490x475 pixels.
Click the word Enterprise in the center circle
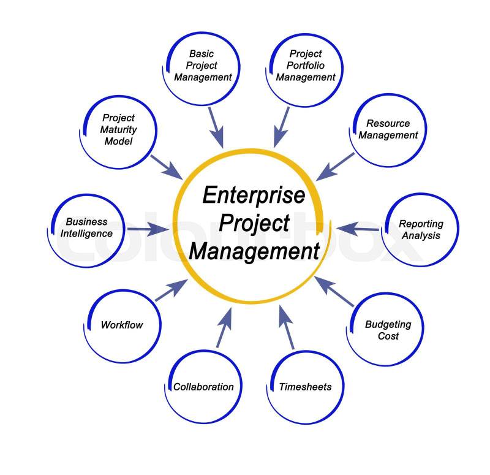[x=253, y=196]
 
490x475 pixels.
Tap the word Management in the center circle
[x=254, y=251]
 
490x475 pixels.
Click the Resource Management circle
[x=388, y=129]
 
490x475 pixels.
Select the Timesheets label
[x=305, y=387]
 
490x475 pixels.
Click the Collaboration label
[x=203, y=387]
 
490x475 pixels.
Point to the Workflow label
[x=121, y=325]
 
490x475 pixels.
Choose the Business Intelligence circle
[x=86, y=227]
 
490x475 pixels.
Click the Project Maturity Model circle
[x=119, y=129]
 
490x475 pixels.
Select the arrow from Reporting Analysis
[x=358, y=229]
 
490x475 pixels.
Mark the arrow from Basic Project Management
[x=216, y=127]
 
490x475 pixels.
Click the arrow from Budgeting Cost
[x=333, y=291]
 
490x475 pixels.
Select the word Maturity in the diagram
[x=119, y=129]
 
